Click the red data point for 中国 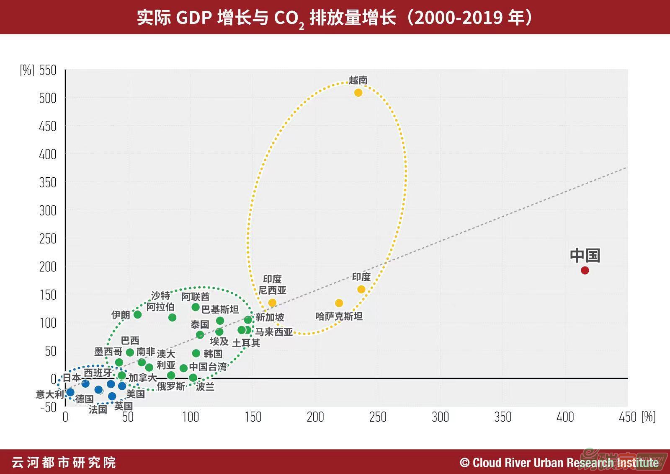pyautogui.click(x=585, y=270)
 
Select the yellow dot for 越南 pyautogui.click(x=358, y=93)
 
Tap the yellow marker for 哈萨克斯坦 pyautogui.click(x=339, y=303)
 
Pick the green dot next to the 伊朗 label pyautogui.click(x=137, y=315)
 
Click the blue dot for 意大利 pyautogui.click(x=70, y=392)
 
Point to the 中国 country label pyautogui.click(x=585, y=255)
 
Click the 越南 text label pyautogui.click(x=358, y=80)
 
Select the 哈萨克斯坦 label pyautogui.click(x=339, y=316)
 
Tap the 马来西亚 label pyautogui.click(x=274, y=332)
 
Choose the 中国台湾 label pyautogui.click(x=208, y=367)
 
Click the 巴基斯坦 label pyautogui.click(x=220, y=309)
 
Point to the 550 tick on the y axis pyautogui.click(x=47, y=70)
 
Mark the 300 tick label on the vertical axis pyautogui.click(x=47, y=210)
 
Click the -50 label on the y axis pyautogui.click(x=48, y=407)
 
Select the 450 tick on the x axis pyautogui.click(x=627, y=417)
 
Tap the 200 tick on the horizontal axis pyautogui.click(x=315, y=417)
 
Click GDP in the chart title pyautogui.click(x=193, y=18)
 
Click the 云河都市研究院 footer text pyautogui.click(x=64, y=463)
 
